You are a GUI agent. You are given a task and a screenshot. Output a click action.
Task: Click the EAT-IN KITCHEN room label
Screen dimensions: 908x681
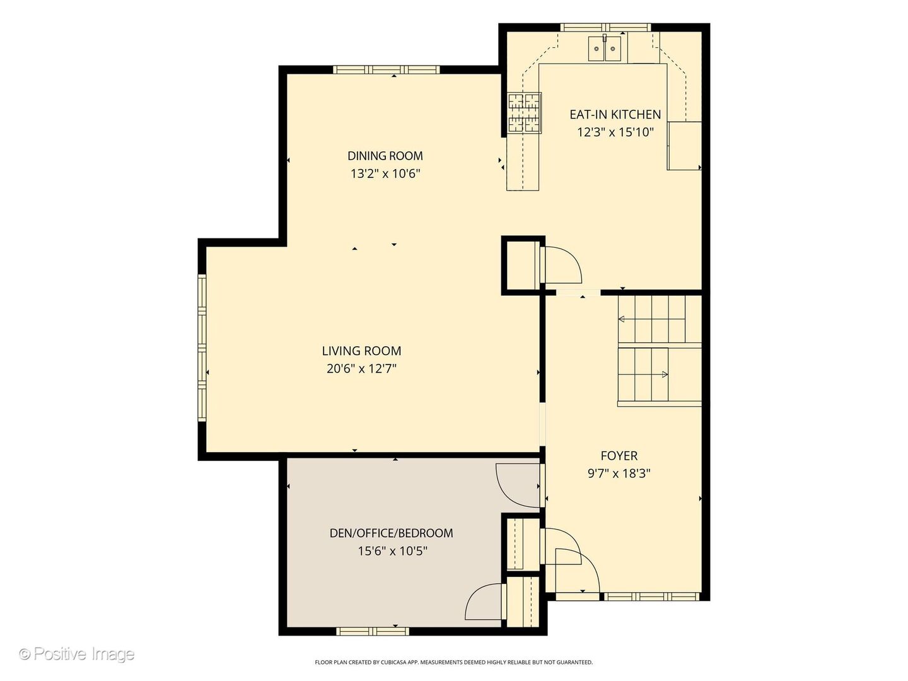615,114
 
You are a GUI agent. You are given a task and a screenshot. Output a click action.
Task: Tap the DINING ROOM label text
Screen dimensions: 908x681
385,156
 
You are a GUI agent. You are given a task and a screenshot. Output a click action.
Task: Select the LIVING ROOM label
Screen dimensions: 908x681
361,351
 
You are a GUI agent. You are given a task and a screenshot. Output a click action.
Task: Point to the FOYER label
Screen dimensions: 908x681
619,456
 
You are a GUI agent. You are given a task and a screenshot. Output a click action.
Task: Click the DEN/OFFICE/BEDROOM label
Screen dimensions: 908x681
391,533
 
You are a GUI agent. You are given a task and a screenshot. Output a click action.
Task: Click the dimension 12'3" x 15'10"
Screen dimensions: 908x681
615,132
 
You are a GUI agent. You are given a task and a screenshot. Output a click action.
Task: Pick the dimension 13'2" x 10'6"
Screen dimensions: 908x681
385,173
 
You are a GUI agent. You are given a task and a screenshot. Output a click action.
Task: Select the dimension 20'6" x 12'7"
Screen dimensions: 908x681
361,368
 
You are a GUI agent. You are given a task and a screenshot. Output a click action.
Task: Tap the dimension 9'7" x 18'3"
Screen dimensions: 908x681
619,473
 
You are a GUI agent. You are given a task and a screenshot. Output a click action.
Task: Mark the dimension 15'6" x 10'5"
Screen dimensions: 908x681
392,550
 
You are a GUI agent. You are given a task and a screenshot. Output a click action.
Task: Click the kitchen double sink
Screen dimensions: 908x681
604,49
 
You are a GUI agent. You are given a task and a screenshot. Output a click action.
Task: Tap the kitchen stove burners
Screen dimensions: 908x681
525,113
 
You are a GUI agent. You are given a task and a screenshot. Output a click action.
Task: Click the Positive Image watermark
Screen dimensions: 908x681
76,654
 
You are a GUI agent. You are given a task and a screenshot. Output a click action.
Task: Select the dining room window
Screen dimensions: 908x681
387,69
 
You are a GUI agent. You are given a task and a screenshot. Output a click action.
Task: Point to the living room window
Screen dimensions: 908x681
202,348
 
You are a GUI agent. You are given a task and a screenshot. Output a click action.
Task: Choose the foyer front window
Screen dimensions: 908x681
651,597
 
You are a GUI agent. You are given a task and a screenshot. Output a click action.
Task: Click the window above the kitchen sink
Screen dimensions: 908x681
605,27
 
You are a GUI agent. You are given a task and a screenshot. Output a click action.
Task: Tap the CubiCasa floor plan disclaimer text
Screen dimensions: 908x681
453,662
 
